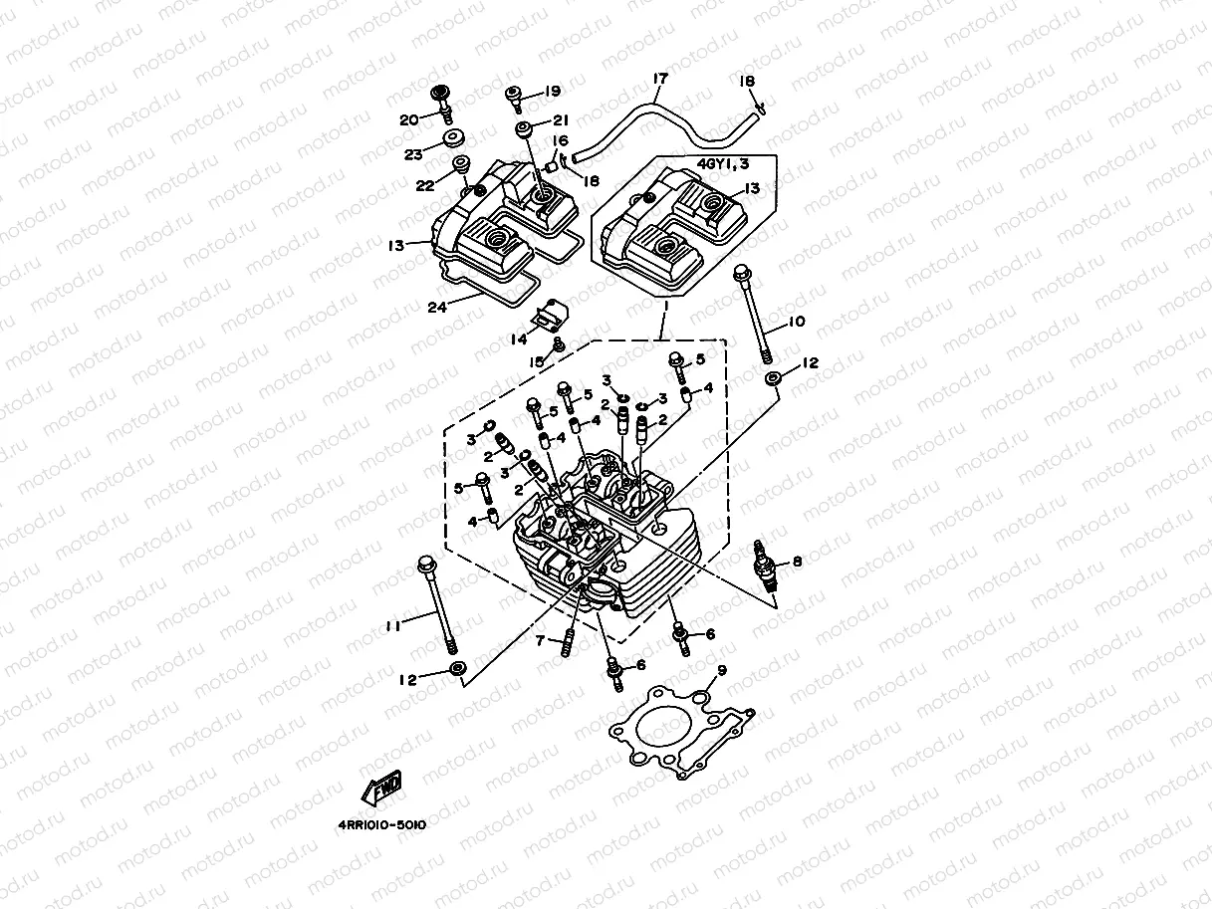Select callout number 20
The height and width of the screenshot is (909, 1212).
pyautogui.click(x=408, y=119)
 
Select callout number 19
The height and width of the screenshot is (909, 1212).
pyautogui.click(x=554, y=91)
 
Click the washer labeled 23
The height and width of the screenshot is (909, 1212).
pyautogui.click(x=454, y=137)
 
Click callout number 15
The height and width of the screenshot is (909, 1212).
pyautogui.click(x=538, y=361)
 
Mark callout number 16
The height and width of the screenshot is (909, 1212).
pyautogui.click(x=561, y=141)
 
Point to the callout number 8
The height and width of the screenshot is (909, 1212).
pyautogui.click(x=796, y=561)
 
